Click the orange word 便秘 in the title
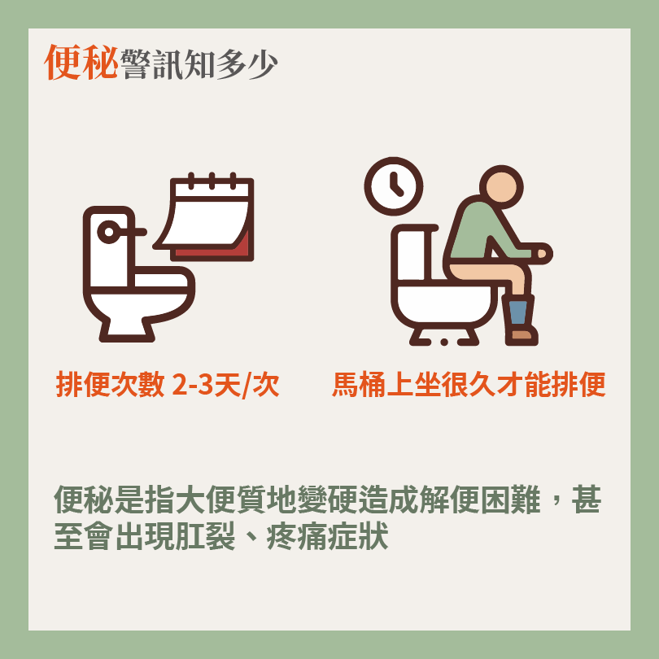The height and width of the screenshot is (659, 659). point(81,62)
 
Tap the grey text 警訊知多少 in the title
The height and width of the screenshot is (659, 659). point(199,64)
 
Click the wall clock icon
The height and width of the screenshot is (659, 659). point(394,186)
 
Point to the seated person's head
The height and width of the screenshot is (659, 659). point(501,186)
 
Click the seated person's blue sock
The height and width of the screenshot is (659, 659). point(517,312)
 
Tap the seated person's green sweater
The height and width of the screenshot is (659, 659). point(483,231)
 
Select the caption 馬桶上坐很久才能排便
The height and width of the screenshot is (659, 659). point(469,384)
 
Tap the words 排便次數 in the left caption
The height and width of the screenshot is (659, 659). point(110,384)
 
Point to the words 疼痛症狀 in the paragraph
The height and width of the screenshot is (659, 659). point(327,536)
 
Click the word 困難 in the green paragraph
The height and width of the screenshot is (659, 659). point(510,500)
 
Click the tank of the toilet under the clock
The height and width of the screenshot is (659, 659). point(412,253)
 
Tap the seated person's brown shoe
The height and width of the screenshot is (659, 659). point(522,335)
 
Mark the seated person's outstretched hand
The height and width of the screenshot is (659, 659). point(543,253)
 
